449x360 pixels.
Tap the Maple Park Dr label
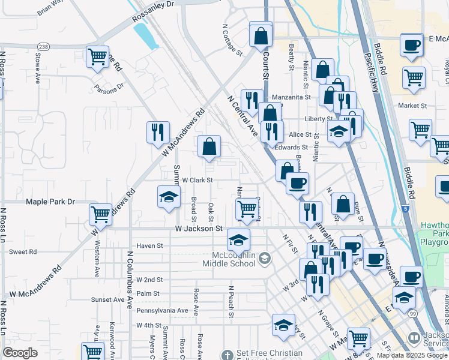pyautogui.click(x=50, y=202)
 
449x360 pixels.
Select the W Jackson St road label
pyautogui.click(x=199, y=229)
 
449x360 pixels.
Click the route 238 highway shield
pyautogui.click(x=43, y=46)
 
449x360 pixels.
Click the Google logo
pyautogui.click(x=20, y=353)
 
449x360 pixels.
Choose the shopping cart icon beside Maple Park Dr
pyautogui.click(x=100, y=214)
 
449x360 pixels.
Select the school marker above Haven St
pyautogui.click(x=238, y=240)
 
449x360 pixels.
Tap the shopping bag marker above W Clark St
pyautogui.click(x=209, y=146)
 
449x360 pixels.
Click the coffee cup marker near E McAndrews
pyautogui.click(x=411, y=46)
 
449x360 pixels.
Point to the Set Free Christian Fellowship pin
pyautogui.click(x=226, y=355)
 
